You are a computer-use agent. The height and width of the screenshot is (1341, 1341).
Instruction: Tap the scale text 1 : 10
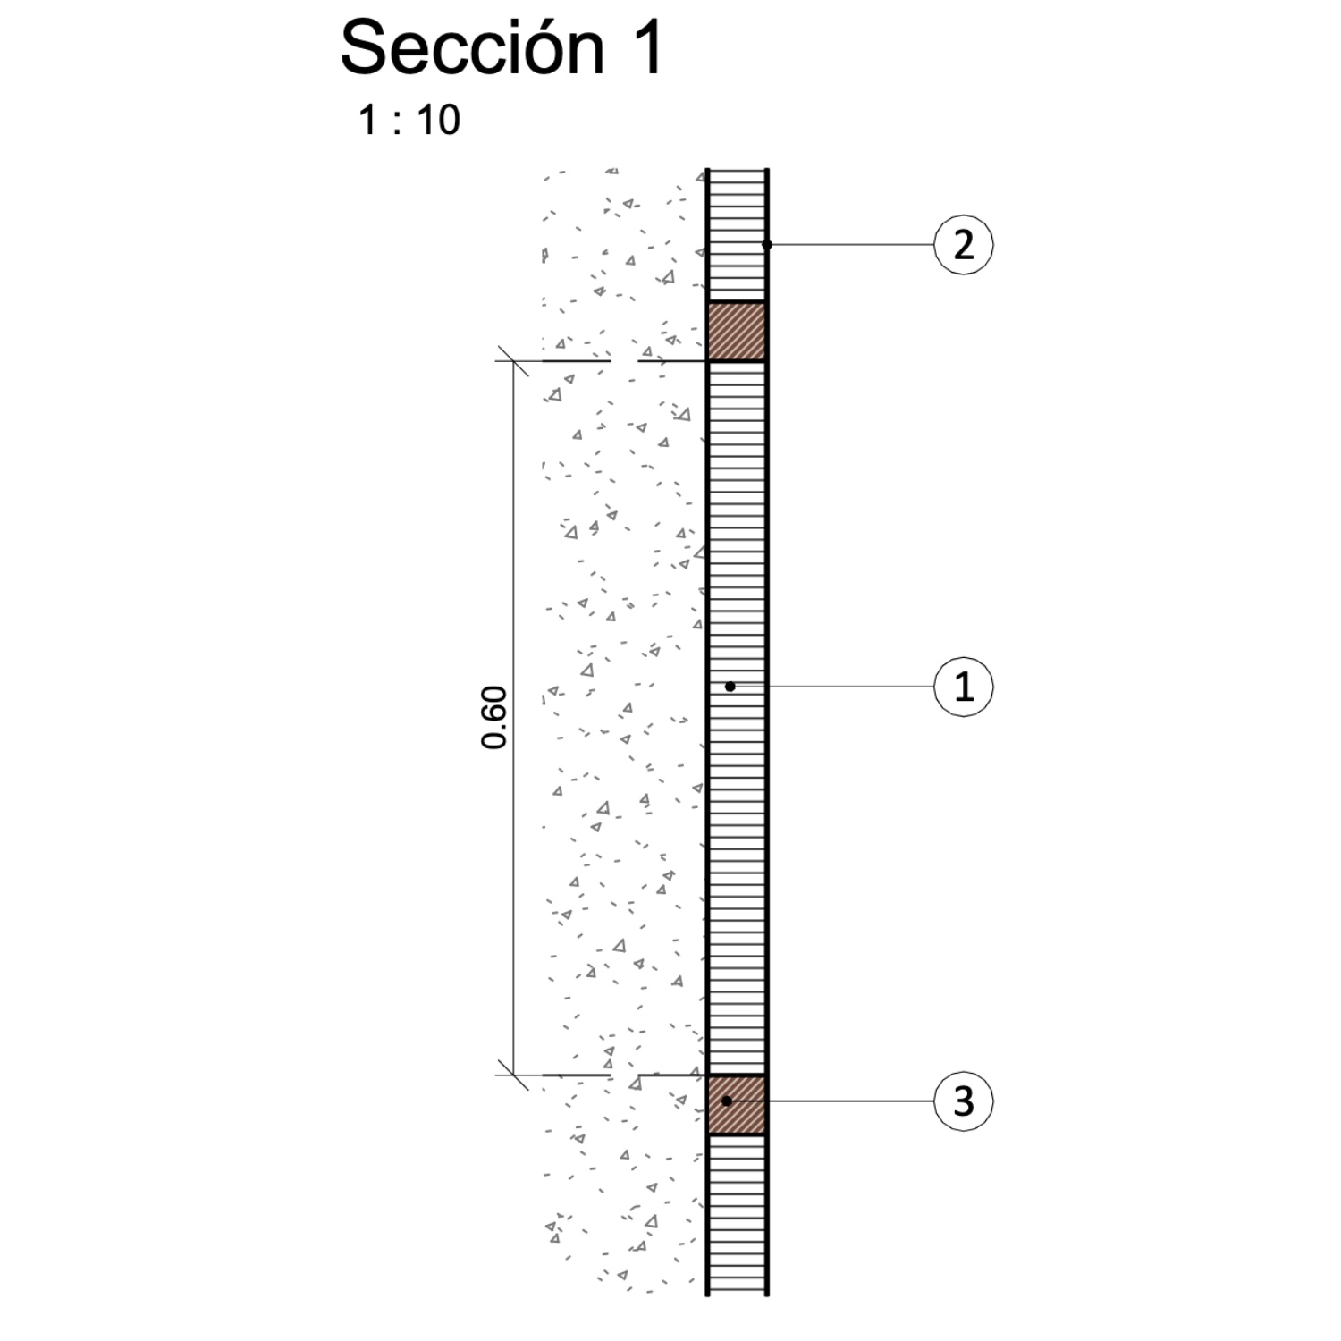409,120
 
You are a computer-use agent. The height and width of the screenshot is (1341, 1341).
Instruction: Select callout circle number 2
964,244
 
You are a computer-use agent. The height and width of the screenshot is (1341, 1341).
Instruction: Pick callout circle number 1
964,687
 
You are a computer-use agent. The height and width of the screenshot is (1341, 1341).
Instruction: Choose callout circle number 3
964,1101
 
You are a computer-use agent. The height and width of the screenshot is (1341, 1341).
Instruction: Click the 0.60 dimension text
494,717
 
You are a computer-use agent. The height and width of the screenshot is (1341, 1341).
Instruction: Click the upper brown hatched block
737,332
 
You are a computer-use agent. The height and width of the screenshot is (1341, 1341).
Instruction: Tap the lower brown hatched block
737,1105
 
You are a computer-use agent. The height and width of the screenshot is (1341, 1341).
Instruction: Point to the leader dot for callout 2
767,244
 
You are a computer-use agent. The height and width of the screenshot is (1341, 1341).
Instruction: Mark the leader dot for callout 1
730,687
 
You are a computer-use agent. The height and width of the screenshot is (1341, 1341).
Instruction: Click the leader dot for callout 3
727,1101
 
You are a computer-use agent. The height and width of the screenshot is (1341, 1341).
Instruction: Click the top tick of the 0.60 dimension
512,361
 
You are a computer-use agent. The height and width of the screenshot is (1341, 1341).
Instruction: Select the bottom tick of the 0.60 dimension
512,1075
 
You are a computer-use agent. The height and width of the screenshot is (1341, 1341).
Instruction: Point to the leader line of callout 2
850,244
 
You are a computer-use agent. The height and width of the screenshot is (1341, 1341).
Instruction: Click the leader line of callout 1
831,687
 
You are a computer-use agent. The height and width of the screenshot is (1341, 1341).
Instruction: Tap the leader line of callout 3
830,1101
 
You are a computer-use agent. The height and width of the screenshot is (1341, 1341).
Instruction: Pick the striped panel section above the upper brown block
737,235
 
